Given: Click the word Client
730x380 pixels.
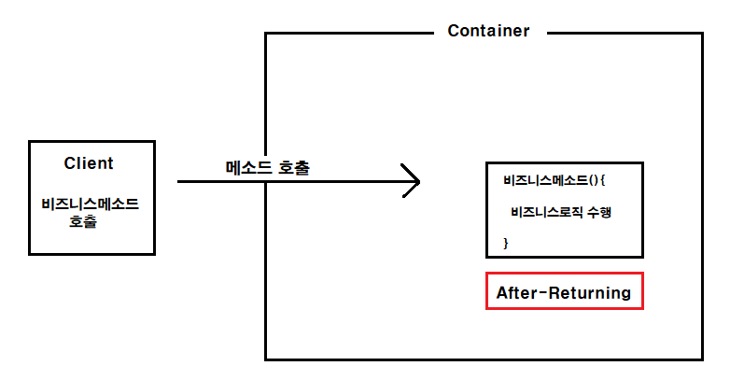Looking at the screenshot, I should coord(89,163).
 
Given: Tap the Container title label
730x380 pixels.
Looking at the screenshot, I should coord(488,31).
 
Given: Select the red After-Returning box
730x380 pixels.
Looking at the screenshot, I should coord(564,292).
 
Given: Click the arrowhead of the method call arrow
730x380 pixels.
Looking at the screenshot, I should coord(411,181).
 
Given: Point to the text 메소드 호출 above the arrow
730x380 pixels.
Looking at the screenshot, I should coord(268,168).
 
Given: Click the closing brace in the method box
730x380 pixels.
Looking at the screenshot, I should coord(506,243).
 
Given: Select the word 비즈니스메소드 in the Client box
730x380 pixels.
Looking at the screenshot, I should coord(91,204).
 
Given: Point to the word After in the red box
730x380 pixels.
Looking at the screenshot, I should coord(516,292).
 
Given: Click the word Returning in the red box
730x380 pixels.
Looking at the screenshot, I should coord(589,292).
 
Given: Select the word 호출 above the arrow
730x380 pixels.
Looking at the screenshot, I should coord(294,168).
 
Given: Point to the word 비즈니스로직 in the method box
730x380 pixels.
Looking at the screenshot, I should coord(546,212).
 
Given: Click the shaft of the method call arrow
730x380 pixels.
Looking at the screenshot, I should coord(280,182).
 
